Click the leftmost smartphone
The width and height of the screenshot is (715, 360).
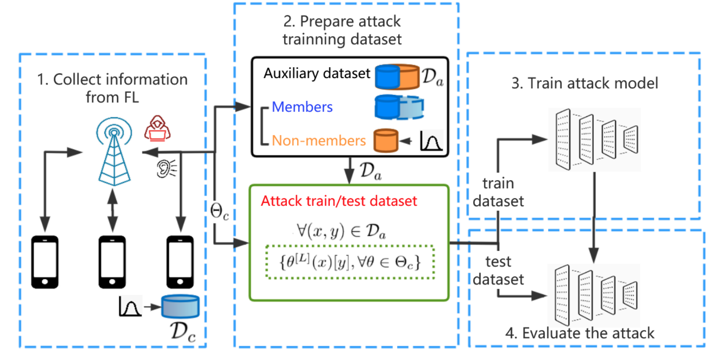[45, 262]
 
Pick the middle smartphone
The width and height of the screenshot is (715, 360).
[112, 262]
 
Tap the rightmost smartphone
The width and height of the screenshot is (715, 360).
[180, 262]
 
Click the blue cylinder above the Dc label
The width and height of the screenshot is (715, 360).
[180, 306]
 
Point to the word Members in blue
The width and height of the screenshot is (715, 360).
[302, 107]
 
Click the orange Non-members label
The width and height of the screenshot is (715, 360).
[319, 140]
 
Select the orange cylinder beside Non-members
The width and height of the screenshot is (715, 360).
[386, 140]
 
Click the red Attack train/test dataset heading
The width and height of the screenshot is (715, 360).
[339, 201]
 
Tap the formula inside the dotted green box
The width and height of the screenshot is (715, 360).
[350, 262]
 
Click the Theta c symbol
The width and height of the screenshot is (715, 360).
[219, 211]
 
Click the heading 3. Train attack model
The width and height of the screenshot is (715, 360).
[585, 83]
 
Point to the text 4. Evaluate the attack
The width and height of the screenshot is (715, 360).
[580, 333]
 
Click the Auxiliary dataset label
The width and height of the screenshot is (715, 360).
[317, 73]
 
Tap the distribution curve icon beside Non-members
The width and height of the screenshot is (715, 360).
[431, 140]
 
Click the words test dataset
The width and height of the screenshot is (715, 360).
[498, 271]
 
